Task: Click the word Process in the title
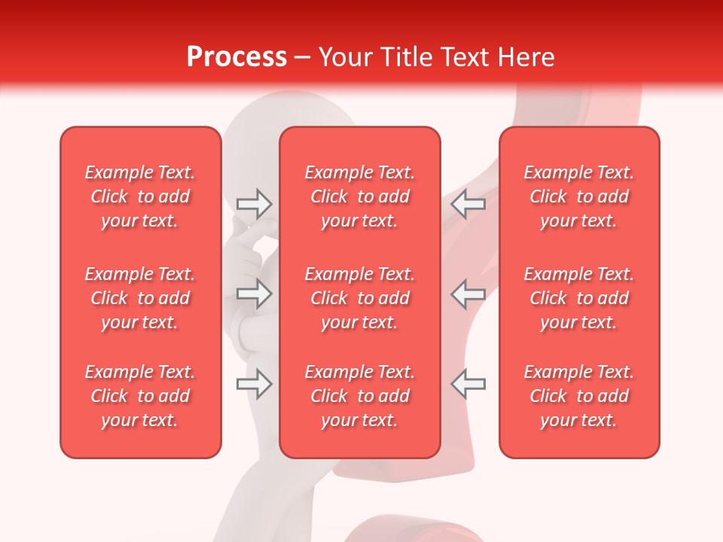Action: coord(236,57)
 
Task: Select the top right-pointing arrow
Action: coord(254,203)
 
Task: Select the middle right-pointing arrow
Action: coord(254,294)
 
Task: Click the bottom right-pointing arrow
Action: coord(254,384)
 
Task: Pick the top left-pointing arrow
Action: coord(468,203)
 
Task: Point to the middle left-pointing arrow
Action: coord(468,294)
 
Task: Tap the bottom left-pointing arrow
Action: coord(468,384)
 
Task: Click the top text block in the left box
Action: coord(140,196)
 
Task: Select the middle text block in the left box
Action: coord(140,298)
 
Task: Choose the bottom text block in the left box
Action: coord(140,396)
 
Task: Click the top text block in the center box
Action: coord(360,196)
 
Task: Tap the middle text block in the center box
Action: coord(360,298)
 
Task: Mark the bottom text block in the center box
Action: coord(360,396)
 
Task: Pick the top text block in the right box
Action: coord(579,196)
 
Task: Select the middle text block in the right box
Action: coord(579,298)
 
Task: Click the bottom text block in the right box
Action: coord(579,396)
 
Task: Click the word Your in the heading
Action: coord(347,57)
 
